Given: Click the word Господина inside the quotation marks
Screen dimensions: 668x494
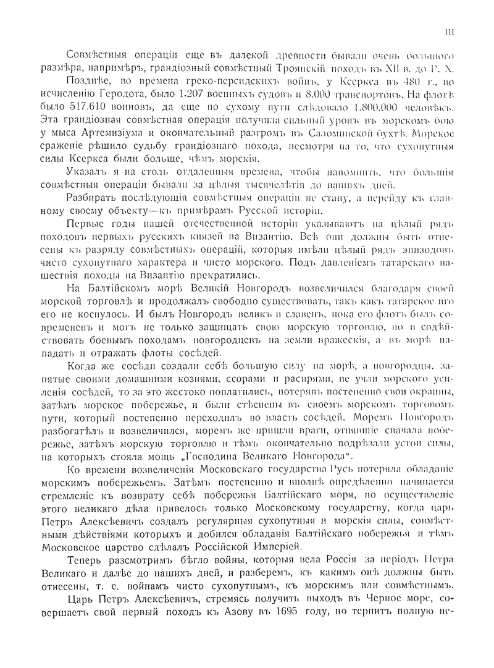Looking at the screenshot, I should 237,456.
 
